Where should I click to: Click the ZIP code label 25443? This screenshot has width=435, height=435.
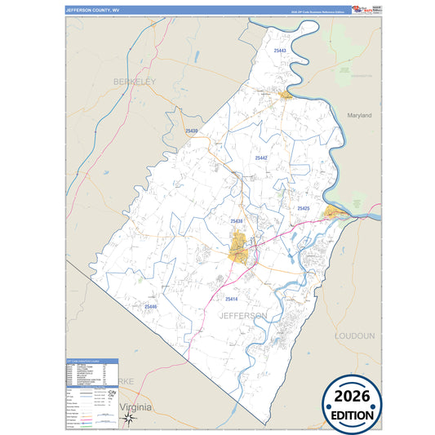point(280,51)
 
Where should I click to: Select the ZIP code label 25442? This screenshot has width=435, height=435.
point(261,158)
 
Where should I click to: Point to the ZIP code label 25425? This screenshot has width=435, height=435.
point(303,209)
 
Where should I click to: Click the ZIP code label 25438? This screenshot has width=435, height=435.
point(237,221)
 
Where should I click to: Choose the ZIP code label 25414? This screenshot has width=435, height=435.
point(230,300)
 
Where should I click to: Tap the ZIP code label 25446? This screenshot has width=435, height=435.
point(149,306)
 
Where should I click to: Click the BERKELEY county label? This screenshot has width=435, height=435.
point(134,82)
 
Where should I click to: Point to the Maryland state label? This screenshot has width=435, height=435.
point(358,116)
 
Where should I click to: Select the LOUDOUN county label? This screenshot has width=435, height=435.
point(354,335)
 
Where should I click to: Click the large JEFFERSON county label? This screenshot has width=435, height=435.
point(242,315)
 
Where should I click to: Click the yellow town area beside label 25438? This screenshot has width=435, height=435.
point(238,246)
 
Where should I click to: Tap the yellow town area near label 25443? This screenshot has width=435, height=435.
point(286,96)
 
